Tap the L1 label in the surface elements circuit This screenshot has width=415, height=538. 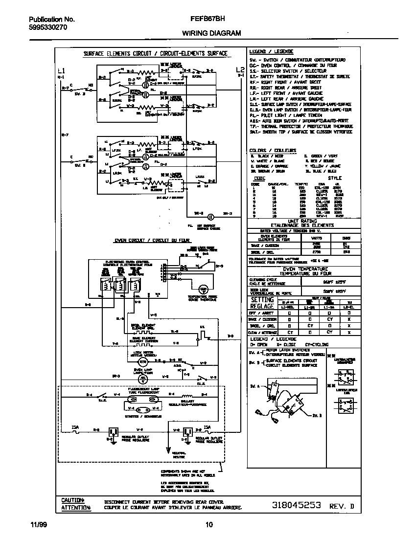(x=60, y=70)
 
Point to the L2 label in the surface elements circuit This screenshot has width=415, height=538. (x=240, y=69)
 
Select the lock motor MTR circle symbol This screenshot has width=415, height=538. (x=142, y=361)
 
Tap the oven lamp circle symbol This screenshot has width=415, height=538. (x=142, y=379)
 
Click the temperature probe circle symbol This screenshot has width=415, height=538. (x=203, y=289)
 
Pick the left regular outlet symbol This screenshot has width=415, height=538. (x=114, y=431)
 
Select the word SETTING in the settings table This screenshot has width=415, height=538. (x=263, y=299)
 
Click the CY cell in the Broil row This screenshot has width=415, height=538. (x=309, y=325)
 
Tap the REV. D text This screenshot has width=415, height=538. (x=341, y=507)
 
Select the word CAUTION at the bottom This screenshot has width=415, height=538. (x=72, y=500)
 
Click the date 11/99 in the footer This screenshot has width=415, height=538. (x=37, y=525)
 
